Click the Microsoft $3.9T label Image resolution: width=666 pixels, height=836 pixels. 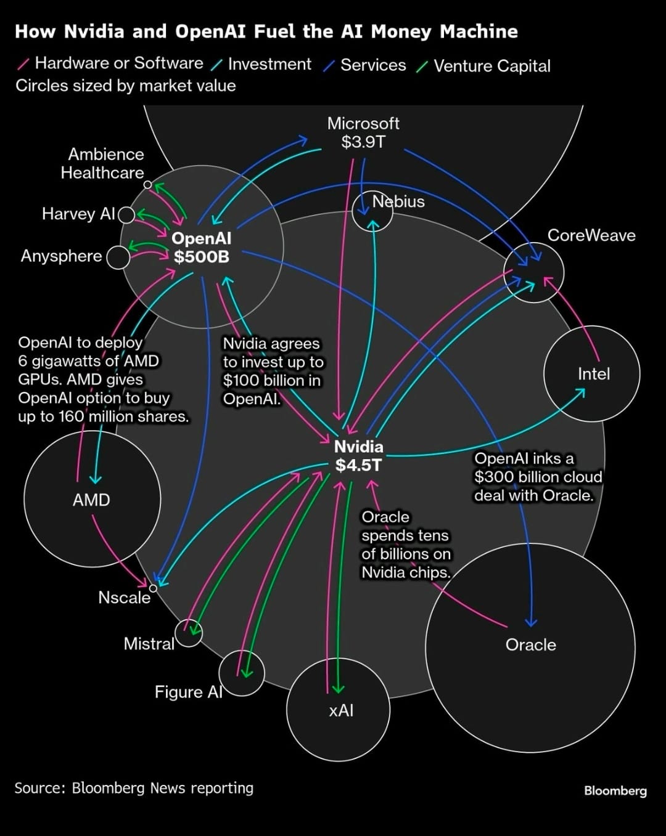coord(363,132)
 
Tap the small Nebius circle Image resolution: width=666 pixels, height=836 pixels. coord(372,211)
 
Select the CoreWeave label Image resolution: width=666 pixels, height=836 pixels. coord(591,235)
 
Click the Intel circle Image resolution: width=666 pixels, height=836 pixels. coord(592,373)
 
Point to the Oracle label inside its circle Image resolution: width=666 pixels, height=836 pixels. coord(530,644)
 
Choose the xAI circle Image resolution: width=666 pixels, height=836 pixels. coord(339,709)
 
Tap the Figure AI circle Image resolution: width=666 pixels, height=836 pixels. coord(242,673)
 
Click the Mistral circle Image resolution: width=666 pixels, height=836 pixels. coord(188,632)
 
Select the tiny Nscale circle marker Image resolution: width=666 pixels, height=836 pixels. coord(153,588)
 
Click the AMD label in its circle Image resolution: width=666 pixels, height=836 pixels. coord(91,500)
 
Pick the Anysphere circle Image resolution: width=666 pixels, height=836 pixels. coord(118,257)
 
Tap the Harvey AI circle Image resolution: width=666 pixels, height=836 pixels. coord(126,214)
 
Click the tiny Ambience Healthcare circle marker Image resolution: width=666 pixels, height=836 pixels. coord(147,184)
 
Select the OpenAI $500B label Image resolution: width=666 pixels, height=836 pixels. coord(202,247)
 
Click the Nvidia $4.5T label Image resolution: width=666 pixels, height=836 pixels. coord(358,456)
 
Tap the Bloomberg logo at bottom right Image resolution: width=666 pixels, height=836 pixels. coord(615,790)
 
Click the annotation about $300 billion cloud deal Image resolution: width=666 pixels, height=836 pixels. coord(537,477)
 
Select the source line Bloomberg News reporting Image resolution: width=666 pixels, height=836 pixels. coord(134,788)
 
